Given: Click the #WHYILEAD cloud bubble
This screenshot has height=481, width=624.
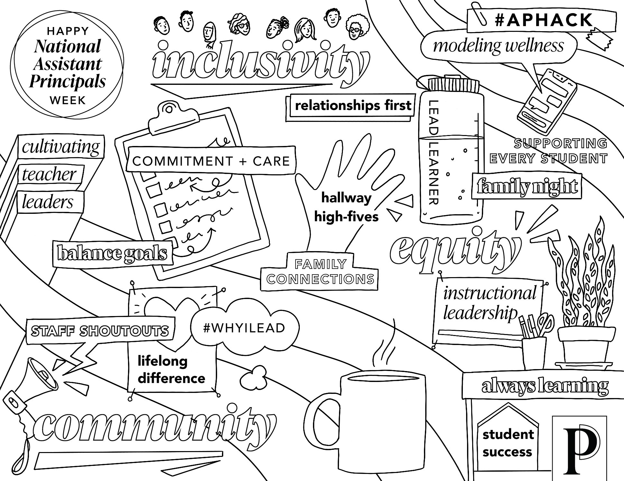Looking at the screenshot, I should click(x=244, y=328).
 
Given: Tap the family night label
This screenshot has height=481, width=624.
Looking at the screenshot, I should click(x=527, y=186).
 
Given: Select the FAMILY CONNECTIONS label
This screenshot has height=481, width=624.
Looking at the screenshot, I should click(x=320, y=273).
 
